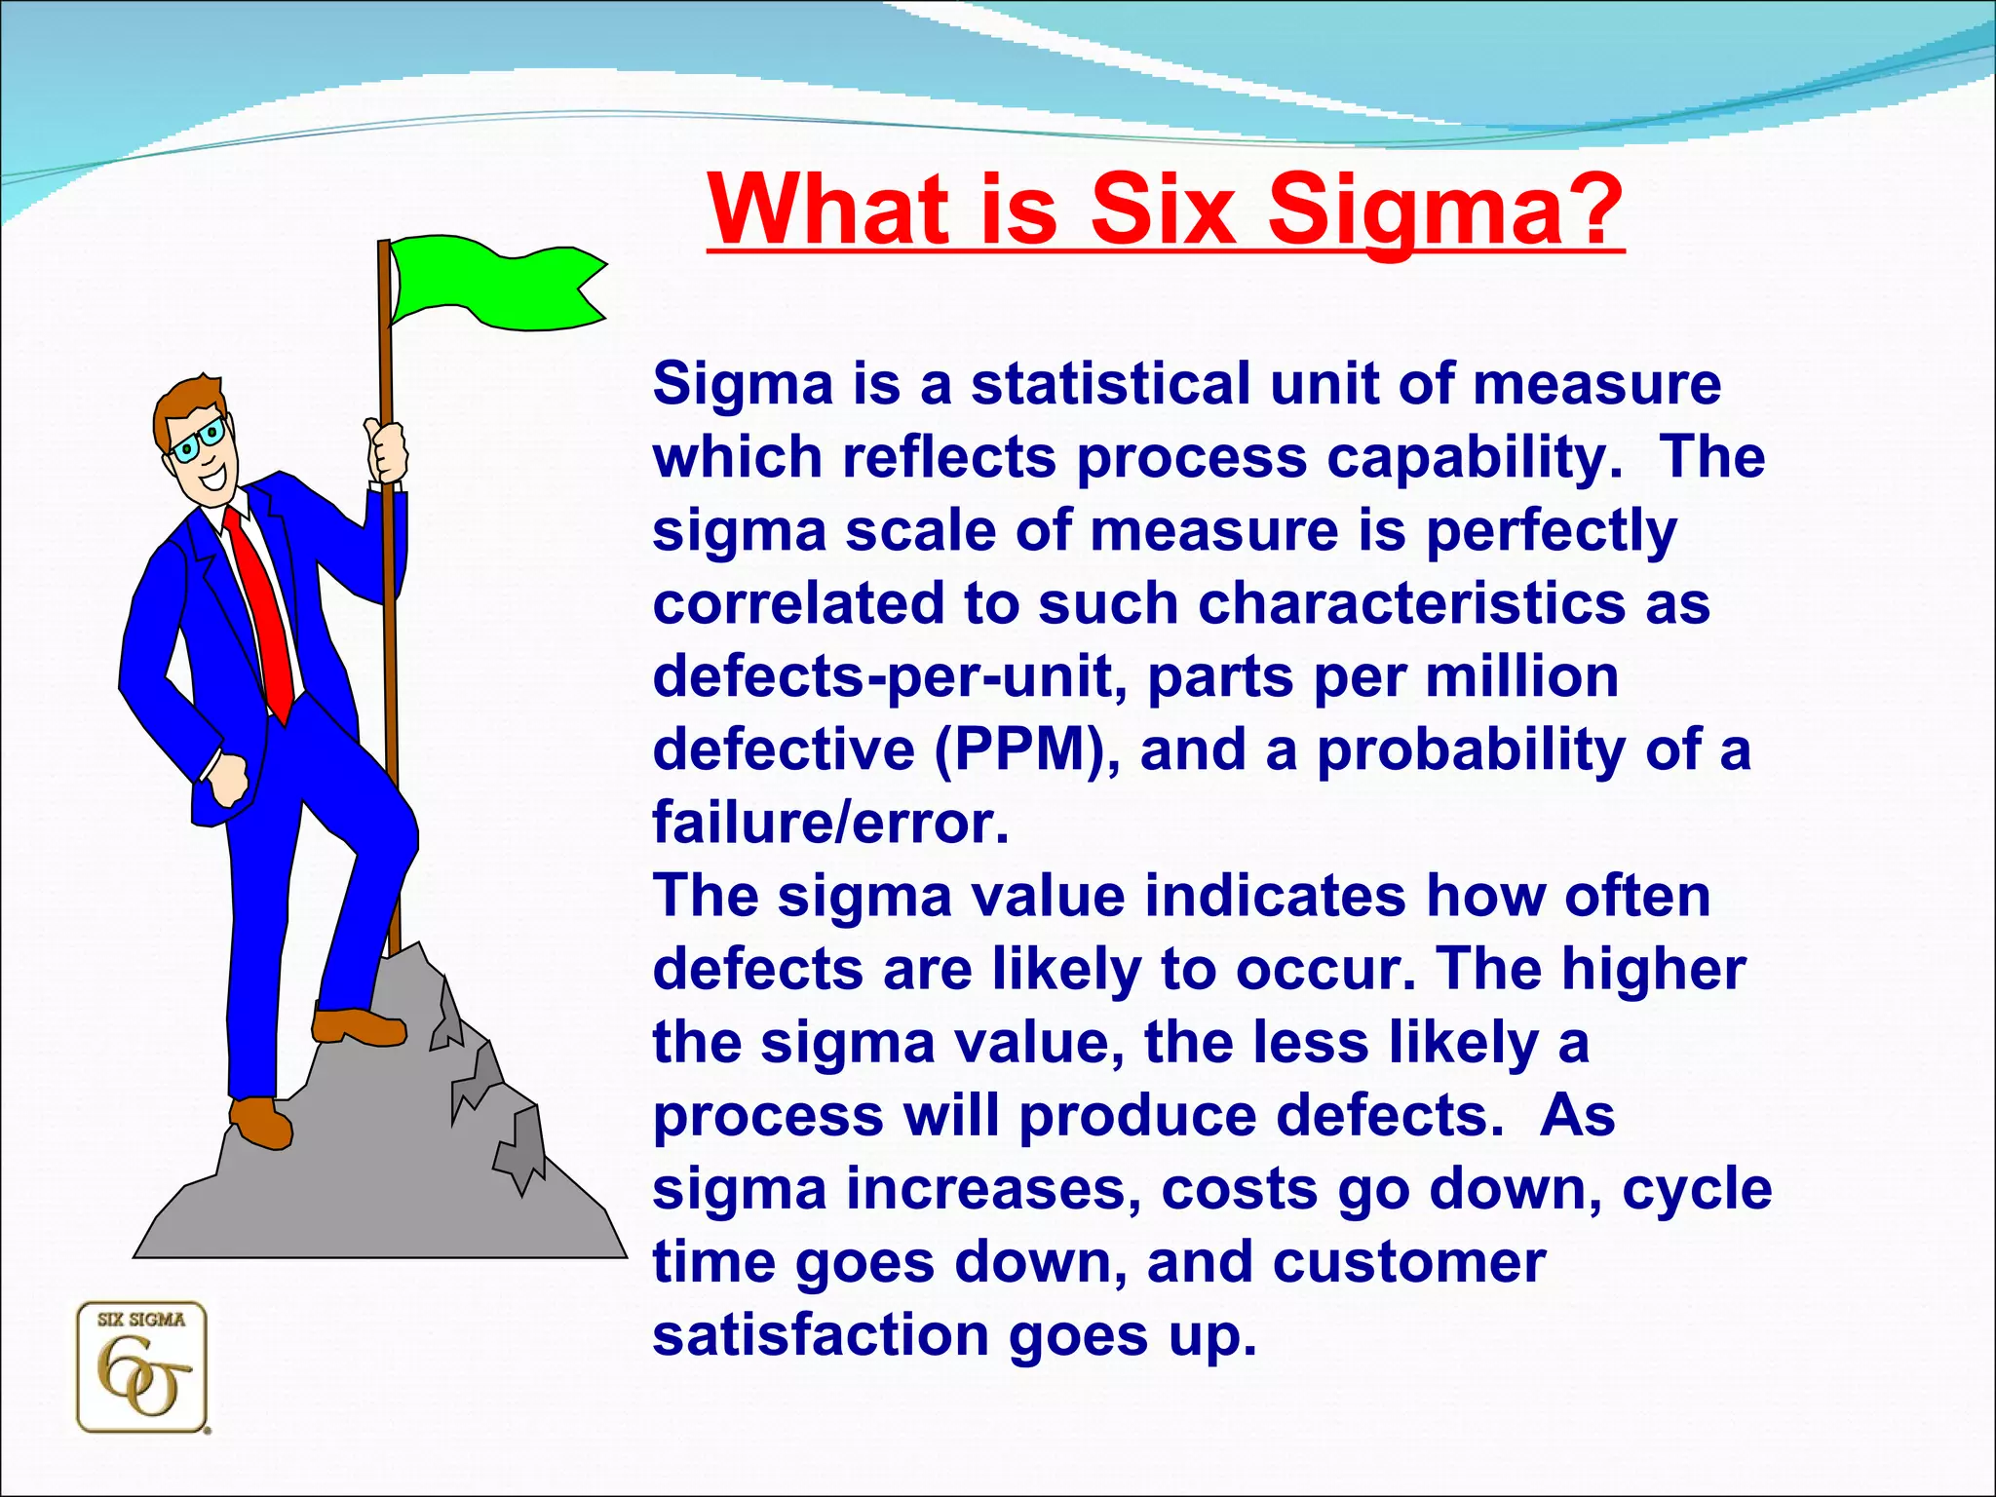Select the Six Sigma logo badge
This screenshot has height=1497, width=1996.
click(142, 1367)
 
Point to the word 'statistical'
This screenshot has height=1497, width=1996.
click(1109, 384)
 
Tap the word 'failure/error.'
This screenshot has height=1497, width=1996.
click(830, 824)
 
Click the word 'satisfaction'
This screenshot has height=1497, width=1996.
click(820, 1335)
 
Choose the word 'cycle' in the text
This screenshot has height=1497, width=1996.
click(1696, 1189)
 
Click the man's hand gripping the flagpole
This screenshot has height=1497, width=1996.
click(387, 451)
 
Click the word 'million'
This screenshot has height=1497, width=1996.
click(1521, 677)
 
